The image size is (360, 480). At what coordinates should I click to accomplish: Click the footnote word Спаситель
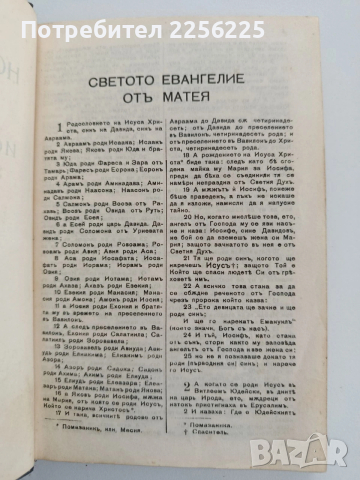point(207,434)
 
